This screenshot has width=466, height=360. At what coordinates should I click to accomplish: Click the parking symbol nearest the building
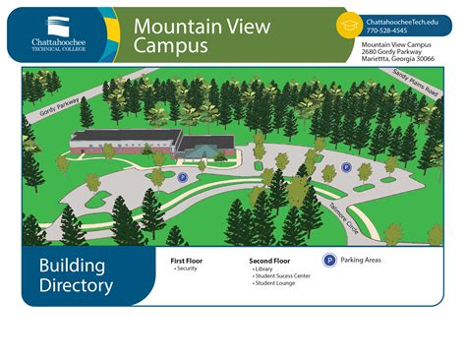182,177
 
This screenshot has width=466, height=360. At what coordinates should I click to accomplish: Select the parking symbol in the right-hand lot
346,167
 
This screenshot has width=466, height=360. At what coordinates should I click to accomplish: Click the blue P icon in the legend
328,261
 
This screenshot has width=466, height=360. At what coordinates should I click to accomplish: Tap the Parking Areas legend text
360,261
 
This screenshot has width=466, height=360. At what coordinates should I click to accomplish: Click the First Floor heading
186,261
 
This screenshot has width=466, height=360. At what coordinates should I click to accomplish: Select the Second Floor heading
269,261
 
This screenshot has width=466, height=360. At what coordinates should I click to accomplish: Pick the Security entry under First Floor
187,269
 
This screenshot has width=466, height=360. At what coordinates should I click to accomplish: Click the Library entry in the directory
262,269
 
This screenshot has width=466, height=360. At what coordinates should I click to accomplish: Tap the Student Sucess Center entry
282,276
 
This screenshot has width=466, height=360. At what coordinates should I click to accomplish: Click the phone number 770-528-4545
387,30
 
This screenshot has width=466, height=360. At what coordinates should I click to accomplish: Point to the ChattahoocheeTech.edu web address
402,21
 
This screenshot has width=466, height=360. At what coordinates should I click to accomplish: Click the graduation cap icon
350,25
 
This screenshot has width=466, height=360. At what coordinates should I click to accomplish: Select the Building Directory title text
76,275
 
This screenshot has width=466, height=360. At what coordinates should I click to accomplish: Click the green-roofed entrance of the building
203,148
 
